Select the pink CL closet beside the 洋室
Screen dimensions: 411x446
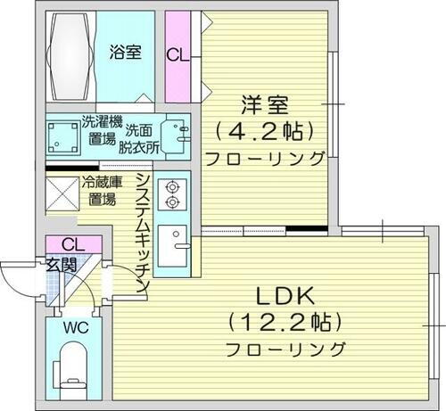coord(178,53)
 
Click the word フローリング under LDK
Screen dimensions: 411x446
coord(286,347)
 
